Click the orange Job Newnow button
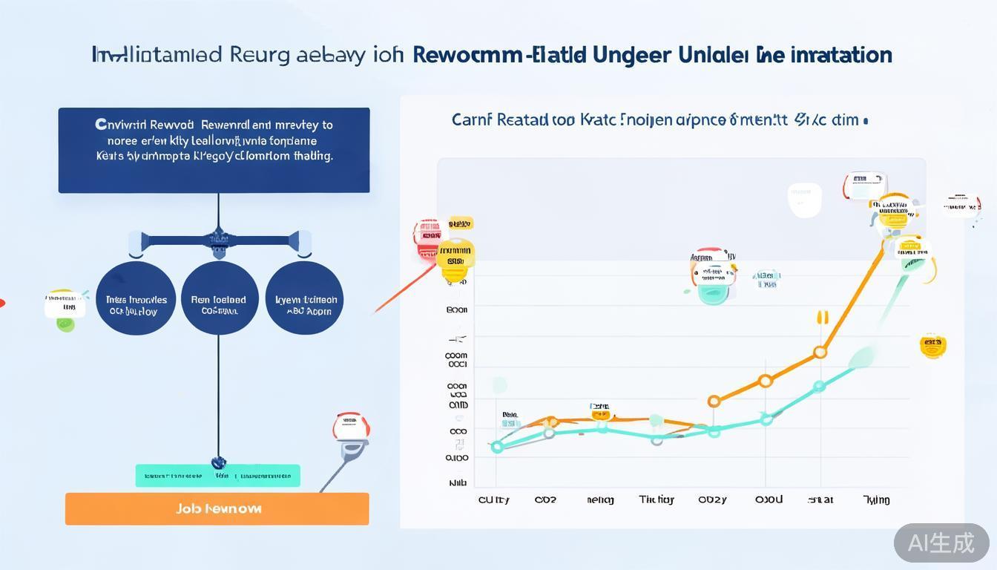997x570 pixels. tap(217, 509)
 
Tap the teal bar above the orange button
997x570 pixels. tap(217, 476)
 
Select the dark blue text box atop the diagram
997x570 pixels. tap(214, 150)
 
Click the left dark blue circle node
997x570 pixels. tap(136, 298)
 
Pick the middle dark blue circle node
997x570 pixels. tap(219, 298)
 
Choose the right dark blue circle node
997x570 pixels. tap(304, 298)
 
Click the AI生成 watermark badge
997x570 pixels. tap(941, 543)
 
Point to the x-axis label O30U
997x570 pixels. tap(769, 499)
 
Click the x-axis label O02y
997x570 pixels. tap(712, 499)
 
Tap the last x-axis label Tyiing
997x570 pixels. tap(876, 499)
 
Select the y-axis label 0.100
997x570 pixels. tap(457, 458)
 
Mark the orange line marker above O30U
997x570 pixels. tap(766, 381)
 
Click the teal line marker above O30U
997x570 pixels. tap(766, 419)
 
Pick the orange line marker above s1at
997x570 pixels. tap(820, 353)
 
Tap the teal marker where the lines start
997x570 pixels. tap(497, 447)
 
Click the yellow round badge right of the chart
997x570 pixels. tap(932, 345)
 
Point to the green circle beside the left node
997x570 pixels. tap(66, 324)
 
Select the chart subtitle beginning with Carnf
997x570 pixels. tap(659, 119)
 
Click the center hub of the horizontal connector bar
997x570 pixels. tap(218, 240)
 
